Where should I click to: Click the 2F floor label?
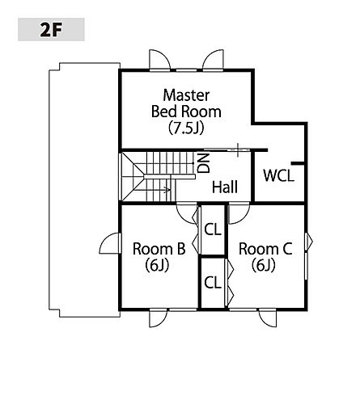tap(51, 30)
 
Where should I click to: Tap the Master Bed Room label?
tap(186, 103)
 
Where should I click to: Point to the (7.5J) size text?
tap(186, 128)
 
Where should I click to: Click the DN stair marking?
tap(204, 163)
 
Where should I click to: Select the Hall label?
tap(225, 187)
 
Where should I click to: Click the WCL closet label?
tap(278, 175)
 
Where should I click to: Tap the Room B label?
tap(159, 249)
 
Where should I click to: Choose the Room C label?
tap(265, 249)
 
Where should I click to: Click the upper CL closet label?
tap(213, 230)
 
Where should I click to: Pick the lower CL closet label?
tap(213, 283)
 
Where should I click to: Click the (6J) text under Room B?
tap(157, 265)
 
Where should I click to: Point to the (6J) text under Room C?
tap(264, 265)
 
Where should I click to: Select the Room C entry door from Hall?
tap(239, 213)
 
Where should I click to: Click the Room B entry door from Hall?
tap(187, 213)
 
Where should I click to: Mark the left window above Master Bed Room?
tap(160, 61)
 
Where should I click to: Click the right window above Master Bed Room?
tap(213, 61)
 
